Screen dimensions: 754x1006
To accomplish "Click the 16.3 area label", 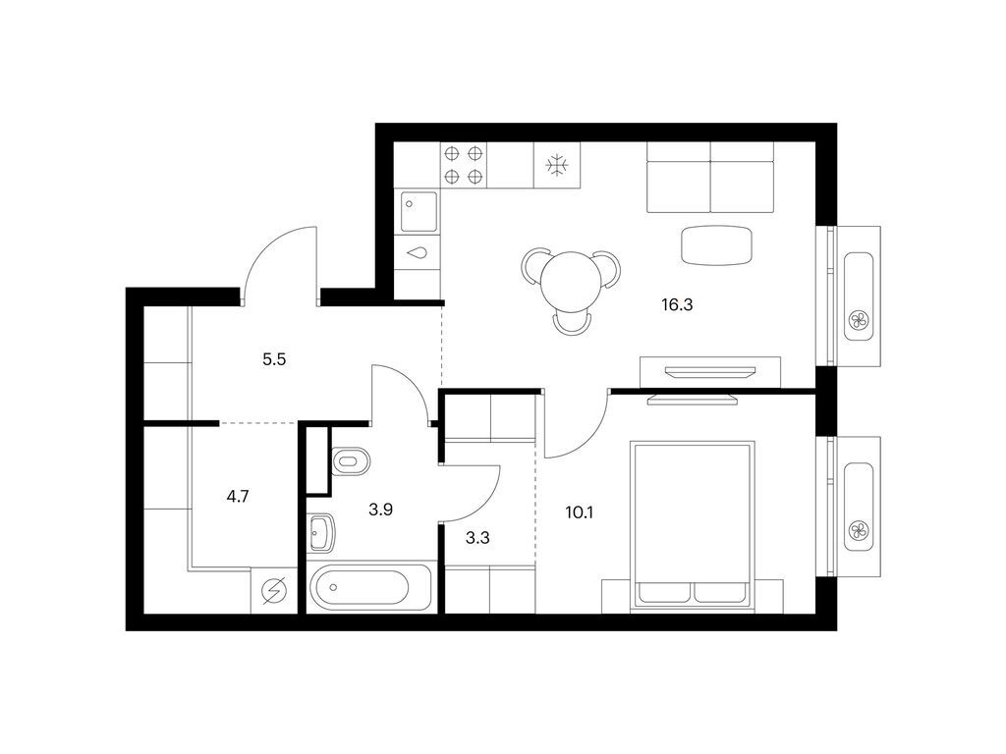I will point(677,305).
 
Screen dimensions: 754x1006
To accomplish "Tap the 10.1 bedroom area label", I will point(580,512).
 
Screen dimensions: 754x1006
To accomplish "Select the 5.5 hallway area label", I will point(273,360).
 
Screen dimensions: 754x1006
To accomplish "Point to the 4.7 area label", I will point(238,497).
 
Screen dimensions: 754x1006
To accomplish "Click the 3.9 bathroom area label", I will point(381,511).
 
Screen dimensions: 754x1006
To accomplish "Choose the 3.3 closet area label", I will point(478,537).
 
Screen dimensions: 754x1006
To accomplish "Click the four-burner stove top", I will point(464,164).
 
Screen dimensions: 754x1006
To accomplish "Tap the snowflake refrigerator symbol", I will point(556,164).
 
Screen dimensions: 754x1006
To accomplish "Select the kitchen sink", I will point(419,210).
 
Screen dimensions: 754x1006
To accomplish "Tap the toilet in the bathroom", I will point(350,460).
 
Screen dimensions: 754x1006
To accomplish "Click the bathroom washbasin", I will point(322,536).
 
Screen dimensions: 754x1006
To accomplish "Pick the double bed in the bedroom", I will point(694,523).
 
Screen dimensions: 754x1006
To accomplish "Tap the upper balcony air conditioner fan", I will point(859,320).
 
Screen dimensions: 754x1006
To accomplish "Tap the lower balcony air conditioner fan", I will point(859,531).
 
